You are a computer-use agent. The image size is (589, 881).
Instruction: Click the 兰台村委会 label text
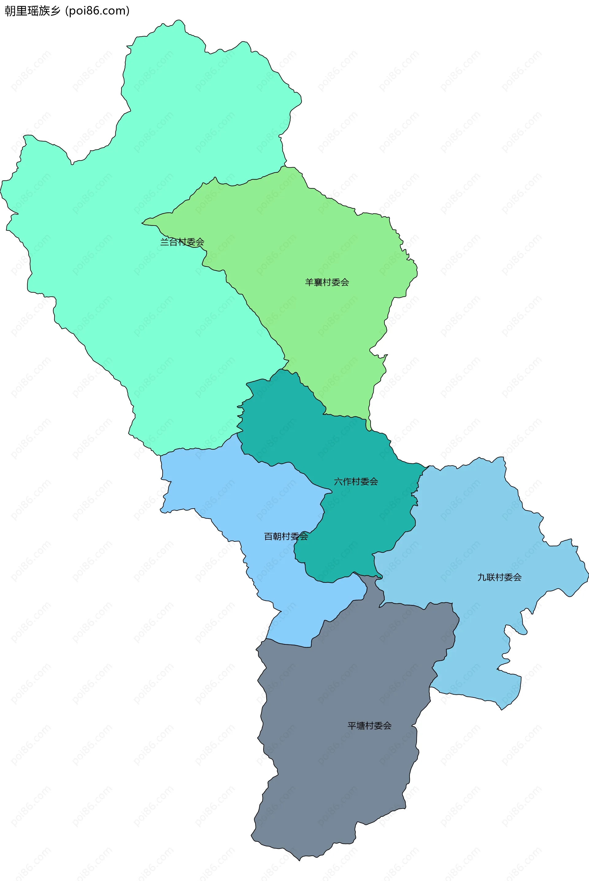[x=182, y=242]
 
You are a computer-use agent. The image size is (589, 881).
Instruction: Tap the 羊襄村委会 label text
[x=327, y=282]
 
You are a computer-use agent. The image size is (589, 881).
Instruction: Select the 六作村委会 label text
[x=356, y=481]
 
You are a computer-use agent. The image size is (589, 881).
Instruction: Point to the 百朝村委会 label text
[x=286, y=537]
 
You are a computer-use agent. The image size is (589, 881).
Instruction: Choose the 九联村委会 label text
[x=499, y=577]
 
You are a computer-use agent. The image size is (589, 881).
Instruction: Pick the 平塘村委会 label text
[x=369, y=726]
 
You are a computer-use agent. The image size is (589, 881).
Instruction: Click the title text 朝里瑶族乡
[x=32, y=11]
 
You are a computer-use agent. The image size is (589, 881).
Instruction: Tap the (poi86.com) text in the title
[x=97, y=11]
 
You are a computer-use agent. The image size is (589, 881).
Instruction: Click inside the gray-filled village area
[x=338, y=769]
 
